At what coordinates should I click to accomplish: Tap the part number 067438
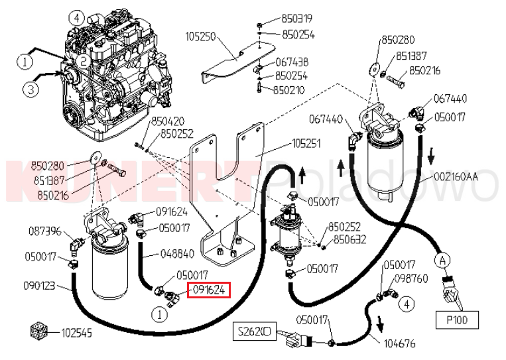coord(291,62)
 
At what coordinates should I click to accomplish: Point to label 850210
coord(289,90)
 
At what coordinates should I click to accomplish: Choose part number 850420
coord(168,121)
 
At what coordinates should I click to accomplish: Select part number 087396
coord(45,231)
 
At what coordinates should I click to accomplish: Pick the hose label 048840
coord(177,253)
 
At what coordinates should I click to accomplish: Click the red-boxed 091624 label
coord(208,289)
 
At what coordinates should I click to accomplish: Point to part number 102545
coord(78,332)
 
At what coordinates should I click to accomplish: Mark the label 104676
coord(400,343)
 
